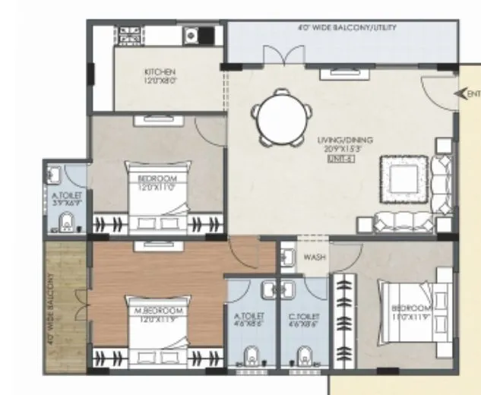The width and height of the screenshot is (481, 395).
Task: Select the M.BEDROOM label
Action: [158, 312]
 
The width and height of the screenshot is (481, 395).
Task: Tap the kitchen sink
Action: [192, 34]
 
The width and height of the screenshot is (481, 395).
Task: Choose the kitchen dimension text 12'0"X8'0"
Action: [160, 81]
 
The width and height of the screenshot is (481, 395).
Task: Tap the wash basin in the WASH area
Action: [288, 257]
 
